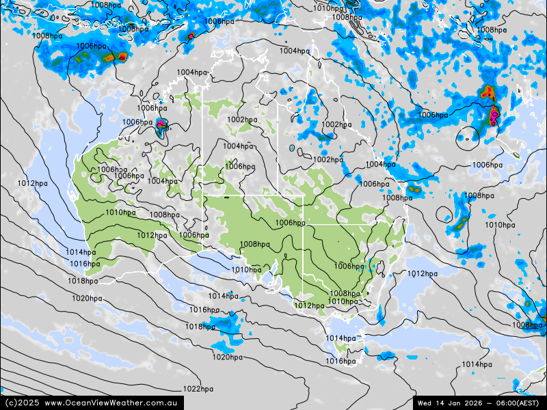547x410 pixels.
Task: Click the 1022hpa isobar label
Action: tap(198, 389)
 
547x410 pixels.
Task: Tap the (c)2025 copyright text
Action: tap(21, 402)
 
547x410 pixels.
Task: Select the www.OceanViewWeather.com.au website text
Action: tap(111, 402)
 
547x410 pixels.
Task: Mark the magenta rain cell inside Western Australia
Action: tap(161, 124)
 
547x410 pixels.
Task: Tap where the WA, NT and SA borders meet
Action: tap(203, 195)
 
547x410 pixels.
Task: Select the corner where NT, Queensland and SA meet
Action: tap(277, 195)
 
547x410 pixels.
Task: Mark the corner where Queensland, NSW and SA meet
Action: tap(304, 224)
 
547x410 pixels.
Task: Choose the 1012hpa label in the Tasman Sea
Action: tap(422, 273)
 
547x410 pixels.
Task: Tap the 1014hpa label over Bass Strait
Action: tap(340, 338)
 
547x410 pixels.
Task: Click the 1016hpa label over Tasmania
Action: tap(340, 361)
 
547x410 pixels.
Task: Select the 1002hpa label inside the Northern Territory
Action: tap(242, 120)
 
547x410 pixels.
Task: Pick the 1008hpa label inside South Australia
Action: tap(254, 244)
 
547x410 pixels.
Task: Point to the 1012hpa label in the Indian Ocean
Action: tap(33, 183)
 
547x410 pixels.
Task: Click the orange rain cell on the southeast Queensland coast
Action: tap(413, 189)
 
